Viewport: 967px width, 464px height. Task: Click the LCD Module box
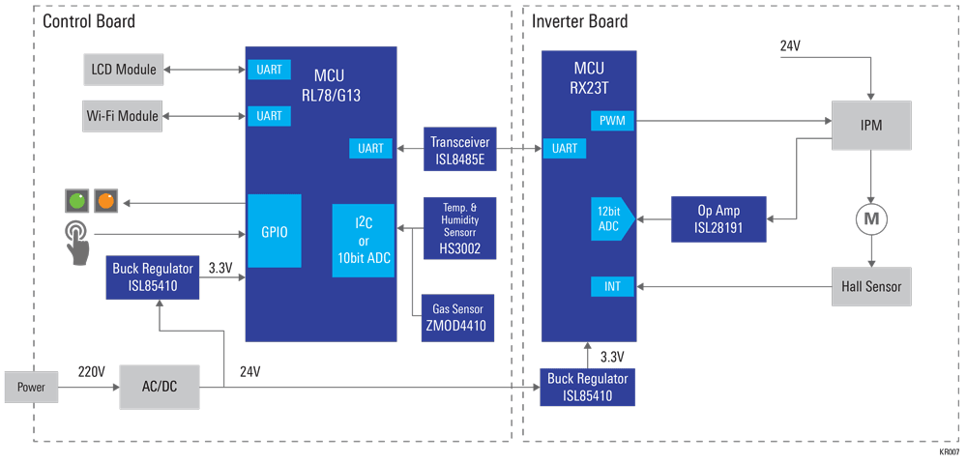123,70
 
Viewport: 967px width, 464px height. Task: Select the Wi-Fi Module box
123,116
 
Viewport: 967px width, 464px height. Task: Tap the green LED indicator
75,202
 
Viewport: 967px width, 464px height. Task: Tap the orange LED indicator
104,202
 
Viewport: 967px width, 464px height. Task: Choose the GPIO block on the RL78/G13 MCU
275,231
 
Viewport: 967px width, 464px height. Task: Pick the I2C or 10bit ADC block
363,241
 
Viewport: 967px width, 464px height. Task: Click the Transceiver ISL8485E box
460,150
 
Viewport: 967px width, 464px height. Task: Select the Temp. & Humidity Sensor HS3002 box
460,228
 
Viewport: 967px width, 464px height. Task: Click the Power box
31,387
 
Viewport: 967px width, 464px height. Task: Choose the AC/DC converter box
160,387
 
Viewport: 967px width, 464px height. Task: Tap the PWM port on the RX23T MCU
611,121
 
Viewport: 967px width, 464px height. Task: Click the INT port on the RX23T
611,286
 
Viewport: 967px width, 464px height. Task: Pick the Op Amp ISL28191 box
718,218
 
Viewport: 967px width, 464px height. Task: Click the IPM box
871,126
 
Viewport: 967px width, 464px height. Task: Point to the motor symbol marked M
871,219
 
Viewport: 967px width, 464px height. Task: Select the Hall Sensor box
871,286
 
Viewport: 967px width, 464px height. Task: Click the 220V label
92,372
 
